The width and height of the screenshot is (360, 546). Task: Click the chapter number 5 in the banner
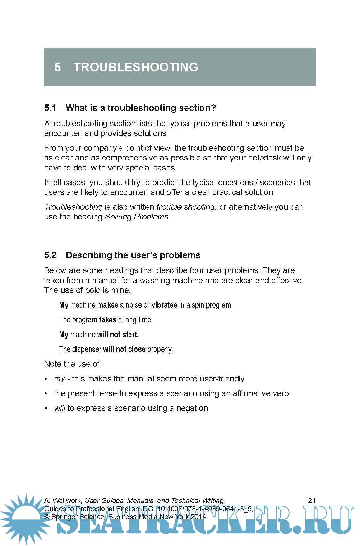(x=57, y=67)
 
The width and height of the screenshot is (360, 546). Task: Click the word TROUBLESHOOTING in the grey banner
(x=136, y=67)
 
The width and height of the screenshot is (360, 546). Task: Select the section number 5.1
(x=50, y=108)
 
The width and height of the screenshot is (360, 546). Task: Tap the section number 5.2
(x=50, y=255)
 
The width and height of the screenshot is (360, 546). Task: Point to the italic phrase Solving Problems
(x=137, y=217)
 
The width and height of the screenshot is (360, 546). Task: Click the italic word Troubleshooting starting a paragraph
(x=73, y=207)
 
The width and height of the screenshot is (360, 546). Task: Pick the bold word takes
(x=108, y=320)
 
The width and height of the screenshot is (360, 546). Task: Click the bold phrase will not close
(x=124, y=349)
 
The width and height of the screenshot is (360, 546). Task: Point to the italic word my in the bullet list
(x=59, y=379)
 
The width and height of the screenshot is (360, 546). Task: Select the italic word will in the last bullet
(x=60, y=408)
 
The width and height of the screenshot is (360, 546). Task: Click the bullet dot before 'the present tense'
(x=46, y=393)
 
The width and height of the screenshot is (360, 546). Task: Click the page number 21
(x=312, y=500)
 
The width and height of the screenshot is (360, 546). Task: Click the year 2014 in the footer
(x=198, y=517)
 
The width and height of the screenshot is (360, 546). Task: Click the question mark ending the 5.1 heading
(x=213, y=108)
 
